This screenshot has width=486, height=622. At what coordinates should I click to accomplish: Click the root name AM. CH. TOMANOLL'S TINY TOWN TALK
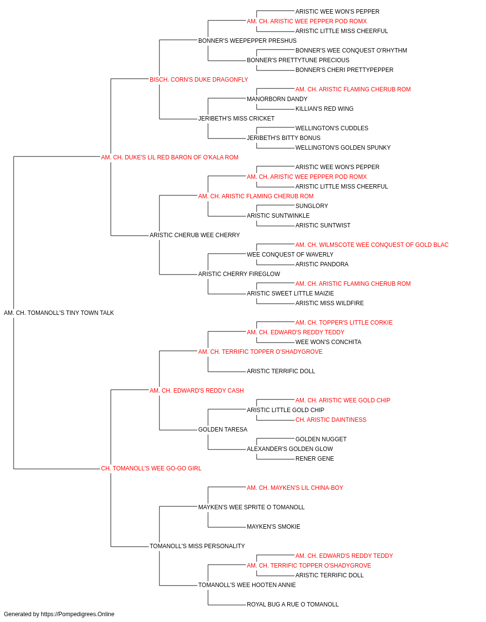click(59, 313)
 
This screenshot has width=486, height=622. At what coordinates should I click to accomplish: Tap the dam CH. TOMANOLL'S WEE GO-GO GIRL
click(151, 468)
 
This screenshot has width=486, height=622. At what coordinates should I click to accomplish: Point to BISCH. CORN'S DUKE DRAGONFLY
click(199, 80)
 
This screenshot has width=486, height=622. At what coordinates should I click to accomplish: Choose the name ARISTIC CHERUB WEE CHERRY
click(194, 235)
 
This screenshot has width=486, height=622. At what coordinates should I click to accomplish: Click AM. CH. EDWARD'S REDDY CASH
click(197, 391)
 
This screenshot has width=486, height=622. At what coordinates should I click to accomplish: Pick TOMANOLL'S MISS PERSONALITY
click(197, 546)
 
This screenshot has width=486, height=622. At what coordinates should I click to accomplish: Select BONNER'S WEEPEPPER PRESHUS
click(247, 41)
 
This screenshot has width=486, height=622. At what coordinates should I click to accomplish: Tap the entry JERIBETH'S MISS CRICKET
click(236, 119)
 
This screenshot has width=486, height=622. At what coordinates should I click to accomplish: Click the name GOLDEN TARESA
click(223, 430)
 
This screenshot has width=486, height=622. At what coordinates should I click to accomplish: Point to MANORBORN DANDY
click(277, 99)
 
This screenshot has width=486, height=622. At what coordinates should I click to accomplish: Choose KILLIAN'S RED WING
click(324, 109)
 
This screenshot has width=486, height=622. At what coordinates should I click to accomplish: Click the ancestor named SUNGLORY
click(312, 206)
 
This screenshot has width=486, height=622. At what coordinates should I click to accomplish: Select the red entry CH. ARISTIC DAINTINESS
click(331, 420)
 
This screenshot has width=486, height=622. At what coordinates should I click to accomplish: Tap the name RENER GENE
click(314, 459)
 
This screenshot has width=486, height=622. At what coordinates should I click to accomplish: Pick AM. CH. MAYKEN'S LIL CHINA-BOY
click(295, 488)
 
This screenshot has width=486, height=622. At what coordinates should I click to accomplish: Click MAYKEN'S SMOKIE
click(274, 527)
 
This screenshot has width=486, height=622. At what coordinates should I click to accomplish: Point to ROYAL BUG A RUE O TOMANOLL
click(293, 604)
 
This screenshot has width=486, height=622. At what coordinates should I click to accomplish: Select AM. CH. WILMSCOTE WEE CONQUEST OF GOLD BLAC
click(372, 245)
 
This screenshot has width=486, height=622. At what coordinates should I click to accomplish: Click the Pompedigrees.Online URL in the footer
click(78, 614)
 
